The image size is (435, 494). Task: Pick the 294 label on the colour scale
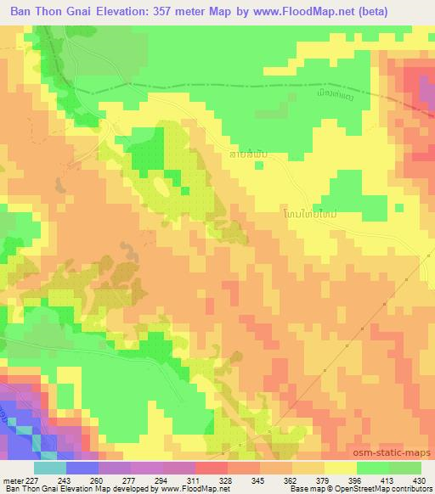pos(161,480)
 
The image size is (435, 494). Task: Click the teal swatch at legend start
pos(49,467)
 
